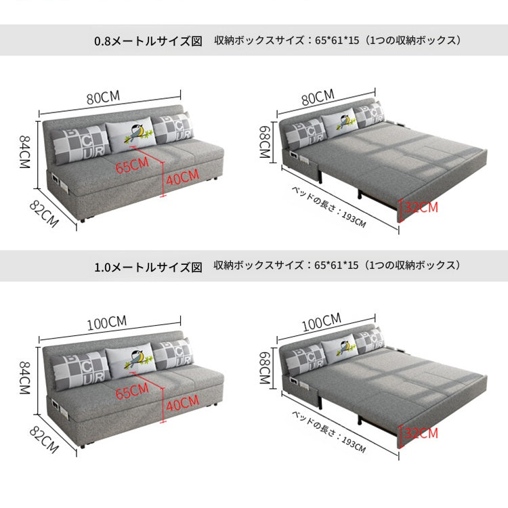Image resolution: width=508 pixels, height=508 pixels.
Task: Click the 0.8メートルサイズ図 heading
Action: tap(148, 41)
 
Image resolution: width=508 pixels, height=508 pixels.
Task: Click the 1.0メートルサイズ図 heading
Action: tap(148, 268)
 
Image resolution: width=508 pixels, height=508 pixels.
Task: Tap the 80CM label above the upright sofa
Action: tap(104, 97)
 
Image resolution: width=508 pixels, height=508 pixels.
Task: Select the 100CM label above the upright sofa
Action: tap(107, 322)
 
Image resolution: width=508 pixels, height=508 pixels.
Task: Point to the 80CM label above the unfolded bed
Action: tap(318, 97)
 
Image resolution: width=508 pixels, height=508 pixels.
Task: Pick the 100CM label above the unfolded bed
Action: tap(322, 322)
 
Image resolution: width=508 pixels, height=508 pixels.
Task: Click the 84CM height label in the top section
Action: tap(24, 152)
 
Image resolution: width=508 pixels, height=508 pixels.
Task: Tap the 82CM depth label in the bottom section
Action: tap(44, 440)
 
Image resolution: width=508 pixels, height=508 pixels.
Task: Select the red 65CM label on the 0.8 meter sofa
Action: tap(132, 165)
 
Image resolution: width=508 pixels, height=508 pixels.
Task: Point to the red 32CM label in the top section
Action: tap(421, 207)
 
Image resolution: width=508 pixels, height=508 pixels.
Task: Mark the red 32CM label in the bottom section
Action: tap(421, 433)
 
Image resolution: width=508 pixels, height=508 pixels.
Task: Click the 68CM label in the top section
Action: tap(265, 142)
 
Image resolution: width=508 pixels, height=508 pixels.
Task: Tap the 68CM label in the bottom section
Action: tap(265, 368)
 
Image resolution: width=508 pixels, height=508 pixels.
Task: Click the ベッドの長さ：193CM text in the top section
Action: tap(329, 207)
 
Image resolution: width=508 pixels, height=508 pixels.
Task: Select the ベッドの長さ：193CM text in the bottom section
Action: tap(329, 433)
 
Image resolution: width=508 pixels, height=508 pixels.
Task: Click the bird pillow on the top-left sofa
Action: tap(131, 135)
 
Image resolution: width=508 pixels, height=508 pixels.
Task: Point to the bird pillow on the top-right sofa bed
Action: tap(339, 123)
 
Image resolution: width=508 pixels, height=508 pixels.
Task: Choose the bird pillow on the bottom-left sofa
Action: tap(131, 361)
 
